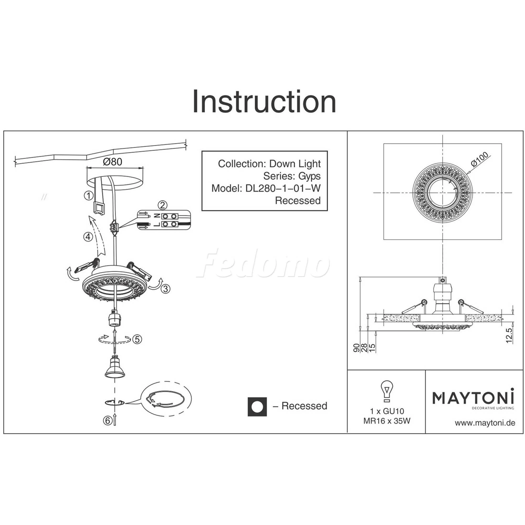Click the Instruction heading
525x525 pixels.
[264, 101]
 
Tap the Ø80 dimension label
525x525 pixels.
[113, 162]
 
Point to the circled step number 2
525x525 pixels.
[162, 205]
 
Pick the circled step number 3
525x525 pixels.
[165, 288]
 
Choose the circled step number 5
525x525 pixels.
[137, 339]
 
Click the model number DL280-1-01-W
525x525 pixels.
[283, 188]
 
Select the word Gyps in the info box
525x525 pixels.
[309, 176]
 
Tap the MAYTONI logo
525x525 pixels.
[473, 399]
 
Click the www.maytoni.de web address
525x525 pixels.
[485, 423]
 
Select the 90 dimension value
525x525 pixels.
[356, 348]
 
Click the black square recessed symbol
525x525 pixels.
[257, 407]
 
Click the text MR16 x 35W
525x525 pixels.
[387, 421]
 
